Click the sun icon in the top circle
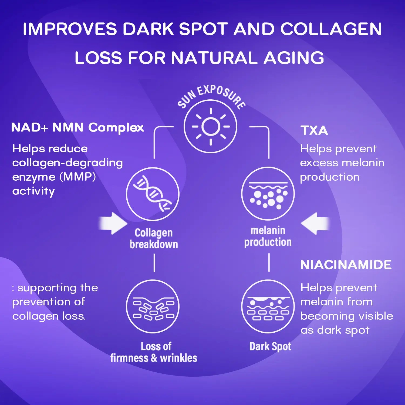coord(211,126)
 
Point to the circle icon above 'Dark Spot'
coord(268,306)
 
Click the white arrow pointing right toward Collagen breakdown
coord(113,223)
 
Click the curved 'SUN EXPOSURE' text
coord(211,97)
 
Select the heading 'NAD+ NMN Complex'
coord(77,127)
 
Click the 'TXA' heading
coord(314,130)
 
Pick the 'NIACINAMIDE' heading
coord(346,265)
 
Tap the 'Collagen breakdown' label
coord(154,238)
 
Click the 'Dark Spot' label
coord(270,346)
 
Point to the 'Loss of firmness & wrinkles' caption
coord(154,352)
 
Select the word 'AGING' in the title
coord(294,58)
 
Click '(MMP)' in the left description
coord(77,177)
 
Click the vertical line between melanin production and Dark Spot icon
coord(269,262)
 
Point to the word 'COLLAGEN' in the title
coord(331,29)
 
